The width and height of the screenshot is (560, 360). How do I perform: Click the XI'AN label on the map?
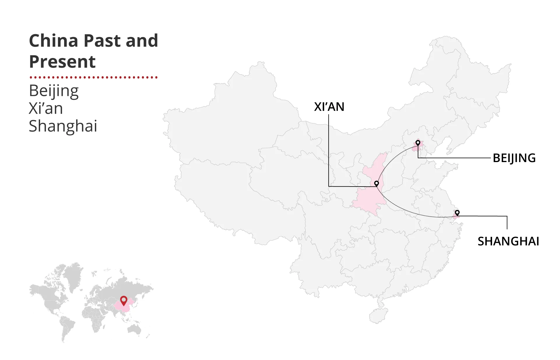pos(329,107)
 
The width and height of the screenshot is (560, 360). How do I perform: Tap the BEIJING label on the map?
pos(514,158)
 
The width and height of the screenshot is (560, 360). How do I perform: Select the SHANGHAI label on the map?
pos(508,241)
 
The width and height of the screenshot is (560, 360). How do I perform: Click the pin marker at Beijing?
pos(418,143)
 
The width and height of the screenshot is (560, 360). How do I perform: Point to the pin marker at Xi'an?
pos(376,183)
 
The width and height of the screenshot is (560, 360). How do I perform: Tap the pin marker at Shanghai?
pos(457,213)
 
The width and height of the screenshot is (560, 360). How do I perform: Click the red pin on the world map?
pos(124,300)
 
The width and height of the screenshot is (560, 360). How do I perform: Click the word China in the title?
pos(54,41)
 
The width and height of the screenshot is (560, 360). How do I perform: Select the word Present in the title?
pos(62,62)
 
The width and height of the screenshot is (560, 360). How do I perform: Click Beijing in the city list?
pos(54,91)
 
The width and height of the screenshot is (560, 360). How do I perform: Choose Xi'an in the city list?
pos(46,108)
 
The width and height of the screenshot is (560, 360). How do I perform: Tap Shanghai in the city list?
pos(63,126)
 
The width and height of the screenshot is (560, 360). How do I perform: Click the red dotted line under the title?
pos(93,78)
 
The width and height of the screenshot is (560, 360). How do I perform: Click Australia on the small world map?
pos(134,329)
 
